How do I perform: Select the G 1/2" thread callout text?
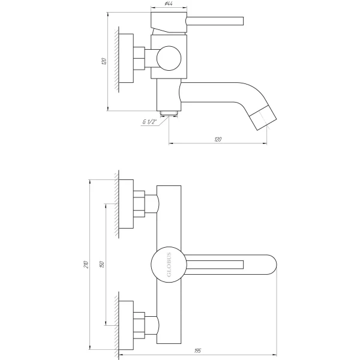(149, 123)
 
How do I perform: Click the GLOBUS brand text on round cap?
(167, 265)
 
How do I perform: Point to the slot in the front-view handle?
(218, 265)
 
